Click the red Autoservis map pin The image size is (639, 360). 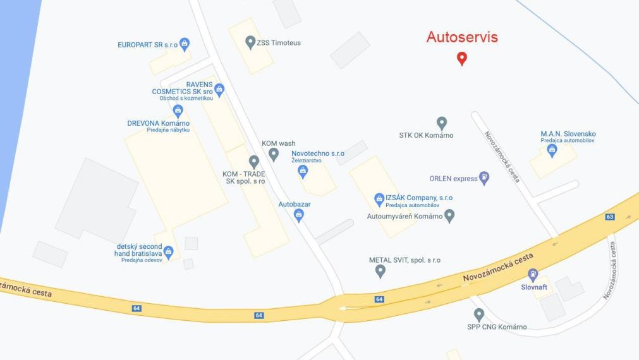pyautogui.click(x=462, y=59)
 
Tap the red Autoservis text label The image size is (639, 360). pyautogui.click(x=462, y=37)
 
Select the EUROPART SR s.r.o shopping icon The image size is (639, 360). pyautogui.click(x=185, y=44)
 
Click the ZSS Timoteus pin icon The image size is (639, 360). pyautogui.click(x=250, y=42)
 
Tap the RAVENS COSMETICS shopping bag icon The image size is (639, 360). pyautogui.click(x=219, y=89)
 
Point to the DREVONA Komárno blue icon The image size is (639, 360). pyautogui.click(x=178, y=111)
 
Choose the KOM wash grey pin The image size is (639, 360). pyautogui.click(x=274, y=153)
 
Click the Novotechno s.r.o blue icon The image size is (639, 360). pyautogui.click(x=303, y=171)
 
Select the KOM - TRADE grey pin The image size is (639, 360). pyautogui.click(x=253, y=162)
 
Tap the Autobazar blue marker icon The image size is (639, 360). pyautogui.click(x=300, y=215)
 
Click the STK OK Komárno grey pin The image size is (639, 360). pyautogui.click(x=442, y=123)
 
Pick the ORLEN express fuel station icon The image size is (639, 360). pyautogui.click(x=484, y=178)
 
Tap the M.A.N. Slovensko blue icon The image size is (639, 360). pyautogui.click(x=552, y=150)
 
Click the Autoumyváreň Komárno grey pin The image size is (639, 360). pyautogui.click(x=449, y=216)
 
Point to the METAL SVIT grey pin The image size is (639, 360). pyautogui.click(x=380, y=271)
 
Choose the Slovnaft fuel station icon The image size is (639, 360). pyautogui.click(x=533, y=275)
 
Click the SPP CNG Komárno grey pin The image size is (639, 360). pyautogui.click(x=479, y=314)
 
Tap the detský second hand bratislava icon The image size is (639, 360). pyautogui.click(x=168, y=252)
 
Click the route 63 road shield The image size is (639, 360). pyautogui.click(x=610, y=217)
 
